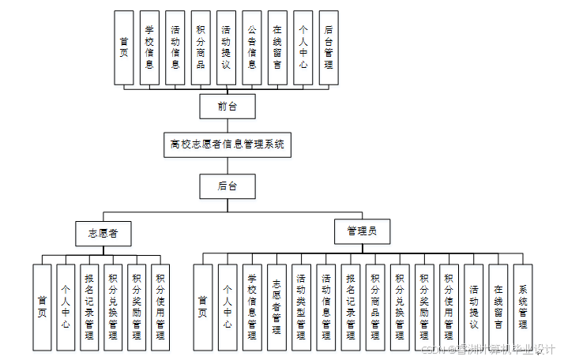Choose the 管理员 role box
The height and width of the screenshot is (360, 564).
pos(362,232)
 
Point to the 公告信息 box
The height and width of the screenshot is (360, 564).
pos(252,47)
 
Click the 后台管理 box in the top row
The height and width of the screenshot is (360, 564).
pos(329,47)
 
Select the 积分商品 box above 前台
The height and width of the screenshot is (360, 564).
pos(201,47)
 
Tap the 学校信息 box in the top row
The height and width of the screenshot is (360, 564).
pos(149,47)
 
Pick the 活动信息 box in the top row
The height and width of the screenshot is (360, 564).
pos(175,47)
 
